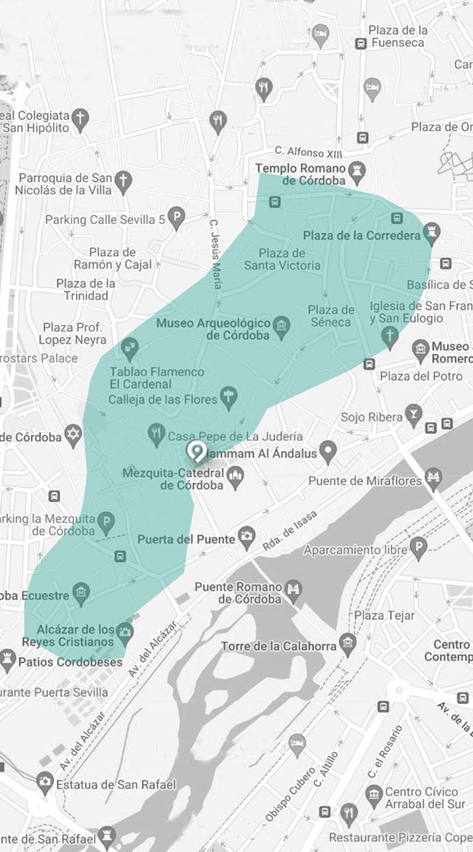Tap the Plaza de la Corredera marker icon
click(434, 234)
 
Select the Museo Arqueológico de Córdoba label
click(211, 328)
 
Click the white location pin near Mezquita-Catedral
click(196, 450)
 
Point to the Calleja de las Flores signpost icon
click(228, 399)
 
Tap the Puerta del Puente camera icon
click(248, 538)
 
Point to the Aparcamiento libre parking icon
click(418, 548)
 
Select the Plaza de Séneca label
click(331, 316)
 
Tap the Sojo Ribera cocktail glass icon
click(415, 416)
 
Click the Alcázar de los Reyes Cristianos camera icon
click(125, 631)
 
